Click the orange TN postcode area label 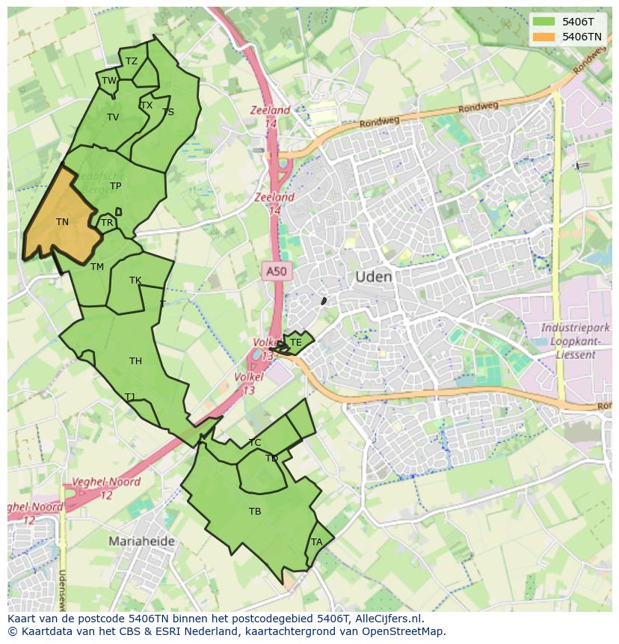click(x=62, y=222)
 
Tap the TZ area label click(x=132, y=62)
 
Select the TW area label click(x=109, y=81)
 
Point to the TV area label click(x=113, y=117)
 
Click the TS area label click(x=168, y=112)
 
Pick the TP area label click(x=115, y=186)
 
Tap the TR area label click(x=107, y=223)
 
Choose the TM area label click(x=97, y=267)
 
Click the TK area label click(x=135, y=281)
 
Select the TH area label click(x=135, y=361)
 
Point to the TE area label click(x=295, y=343)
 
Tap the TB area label click(x=255, y=512)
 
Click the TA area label click(x=317, y=542)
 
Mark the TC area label click(x=255, y=443)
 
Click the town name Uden click(x=373, y=277)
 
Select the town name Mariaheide click(x=142, y=541)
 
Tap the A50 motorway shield click(x=276, y=271)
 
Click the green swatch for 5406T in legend click(x=544, y=22)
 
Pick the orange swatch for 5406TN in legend click(x=544, y=37)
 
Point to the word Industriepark click(x=576, y=328)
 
